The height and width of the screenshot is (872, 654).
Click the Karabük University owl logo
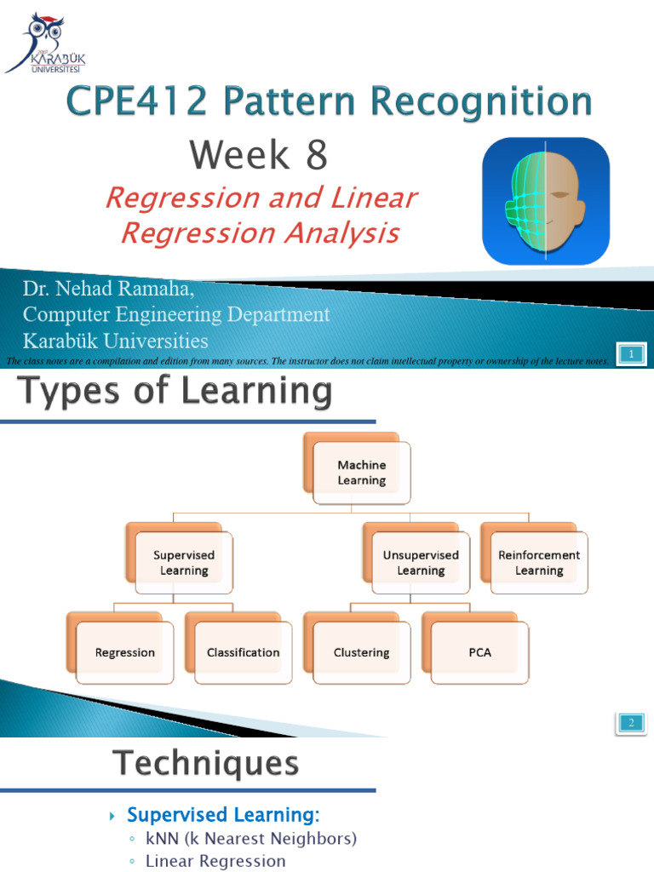point(44,43)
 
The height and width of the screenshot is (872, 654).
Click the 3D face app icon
point(545,201)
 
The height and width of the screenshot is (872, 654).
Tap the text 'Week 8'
point(258,155)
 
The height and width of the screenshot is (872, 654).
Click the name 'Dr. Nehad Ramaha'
point(108,290)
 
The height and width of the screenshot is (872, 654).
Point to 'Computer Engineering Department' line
point(176,315)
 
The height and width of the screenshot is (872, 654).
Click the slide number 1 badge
point(632,353)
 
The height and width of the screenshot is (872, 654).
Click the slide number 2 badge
point(632,723)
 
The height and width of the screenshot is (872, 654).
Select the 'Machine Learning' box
point(361,473)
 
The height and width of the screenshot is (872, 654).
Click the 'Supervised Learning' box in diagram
point(184,563)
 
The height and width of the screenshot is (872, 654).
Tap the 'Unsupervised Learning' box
point(421,563)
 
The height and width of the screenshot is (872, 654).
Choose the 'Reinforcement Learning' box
point(539,563)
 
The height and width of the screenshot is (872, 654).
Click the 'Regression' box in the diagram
point(125,653)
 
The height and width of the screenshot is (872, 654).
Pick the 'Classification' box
point(244,653)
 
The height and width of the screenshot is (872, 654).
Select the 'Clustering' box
point(362,653)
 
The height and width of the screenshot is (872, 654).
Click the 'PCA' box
point(479,653)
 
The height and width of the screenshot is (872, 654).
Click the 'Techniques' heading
point(207,763)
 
